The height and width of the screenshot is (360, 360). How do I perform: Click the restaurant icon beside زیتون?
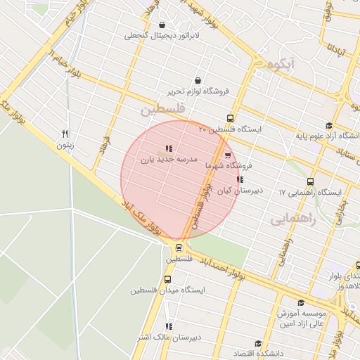pos(65,133)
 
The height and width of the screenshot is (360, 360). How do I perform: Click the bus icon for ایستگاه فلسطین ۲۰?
pos(231,118)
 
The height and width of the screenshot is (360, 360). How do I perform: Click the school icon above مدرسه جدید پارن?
pos(167,148)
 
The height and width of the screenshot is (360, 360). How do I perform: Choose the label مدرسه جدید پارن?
pos(172,160)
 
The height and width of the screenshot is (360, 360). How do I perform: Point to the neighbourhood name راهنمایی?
pos(293,219)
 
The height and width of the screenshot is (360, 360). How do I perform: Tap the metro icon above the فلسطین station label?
pos(179,247)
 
